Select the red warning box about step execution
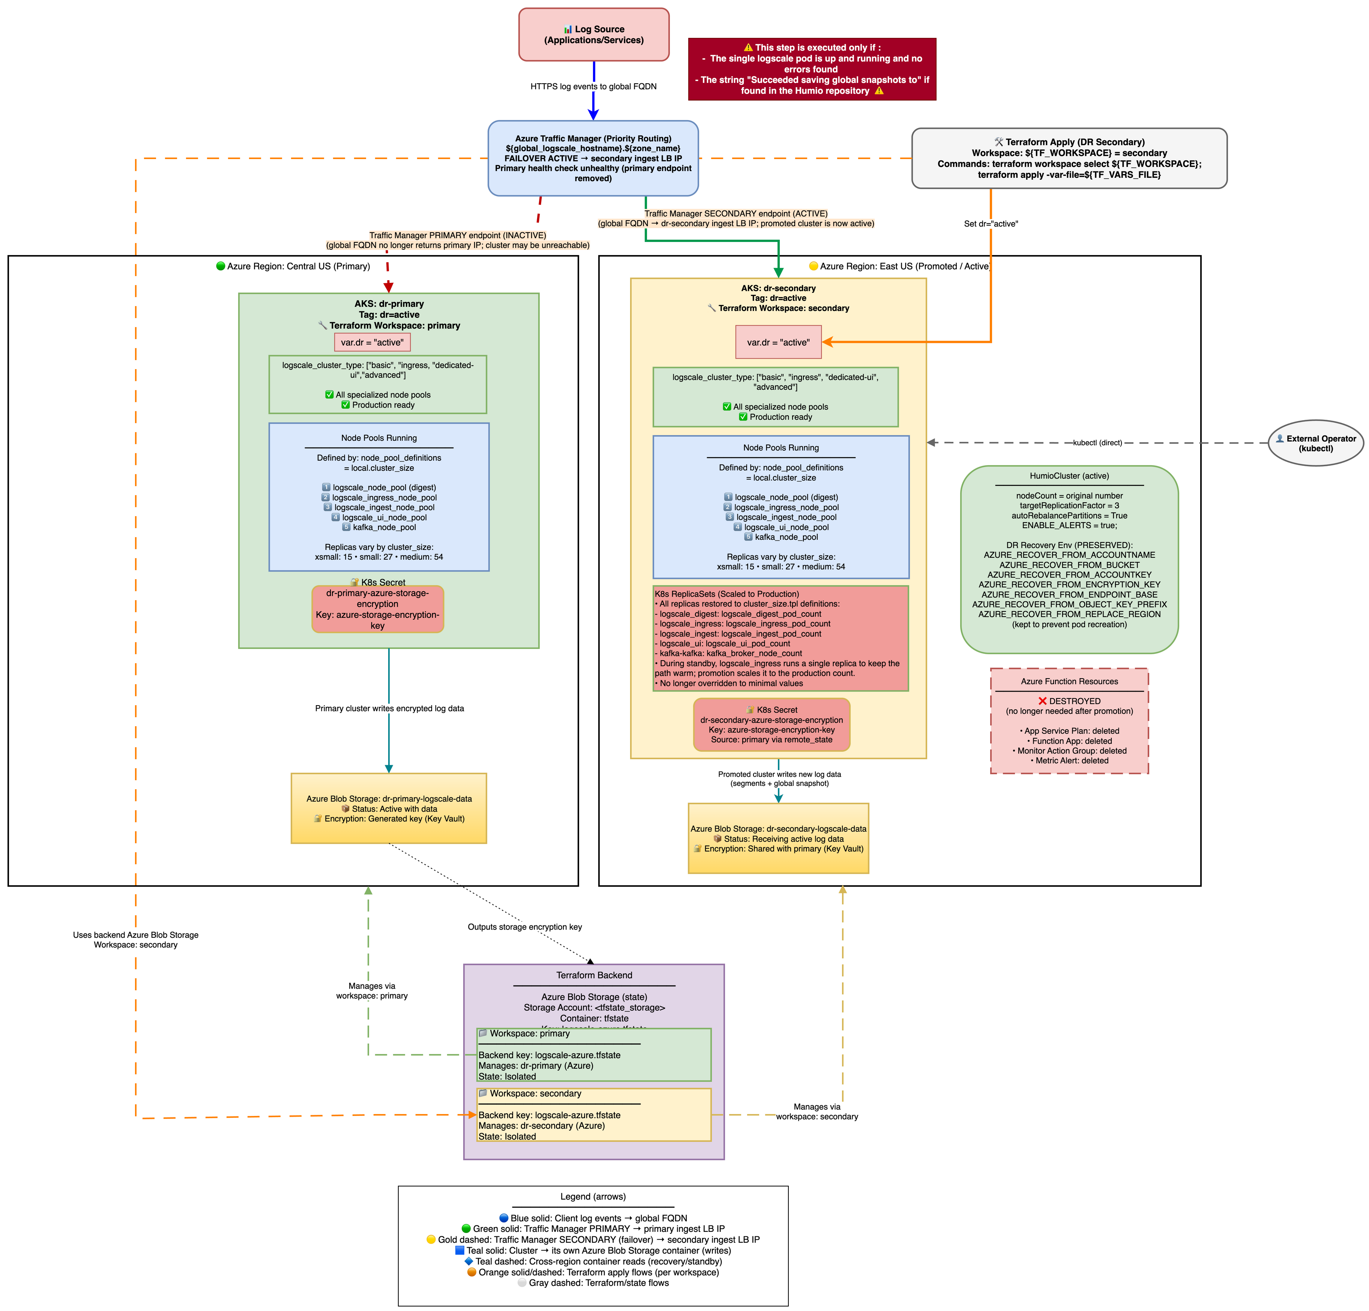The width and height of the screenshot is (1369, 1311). (812, 69)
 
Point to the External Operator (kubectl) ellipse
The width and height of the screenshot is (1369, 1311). (1315, 443)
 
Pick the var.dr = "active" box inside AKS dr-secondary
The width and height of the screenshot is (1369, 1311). (778, 342)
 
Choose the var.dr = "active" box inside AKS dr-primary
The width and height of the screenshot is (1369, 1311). (372, 342)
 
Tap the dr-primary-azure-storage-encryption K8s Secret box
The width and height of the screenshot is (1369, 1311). (377, 609)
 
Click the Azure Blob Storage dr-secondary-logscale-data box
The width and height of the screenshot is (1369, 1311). (778, 838)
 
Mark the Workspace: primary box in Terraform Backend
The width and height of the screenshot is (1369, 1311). (594, 1055)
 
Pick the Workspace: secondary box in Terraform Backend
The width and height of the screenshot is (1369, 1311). (594, 1115)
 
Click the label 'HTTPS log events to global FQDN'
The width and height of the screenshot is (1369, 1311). (593, 87)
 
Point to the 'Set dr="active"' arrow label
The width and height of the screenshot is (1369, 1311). (991, 224)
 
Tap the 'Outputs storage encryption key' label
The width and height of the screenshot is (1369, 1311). (525, 927)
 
